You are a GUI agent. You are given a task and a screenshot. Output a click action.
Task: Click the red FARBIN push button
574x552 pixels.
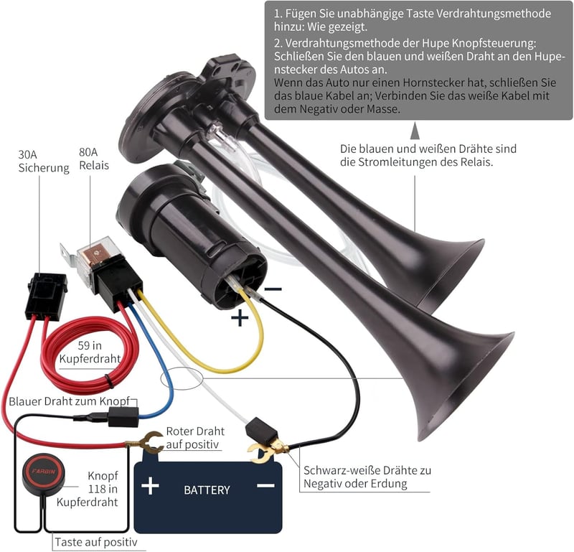[43, 471]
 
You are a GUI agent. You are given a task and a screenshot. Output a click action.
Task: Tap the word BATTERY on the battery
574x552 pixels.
[207, 490]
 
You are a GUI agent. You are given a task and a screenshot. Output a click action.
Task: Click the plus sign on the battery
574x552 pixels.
[150, 486]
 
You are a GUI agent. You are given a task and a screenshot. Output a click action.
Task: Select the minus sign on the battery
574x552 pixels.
[265, 486]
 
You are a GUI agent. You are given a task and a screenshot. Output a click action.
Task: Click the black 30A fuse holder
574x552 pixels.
[47, 296]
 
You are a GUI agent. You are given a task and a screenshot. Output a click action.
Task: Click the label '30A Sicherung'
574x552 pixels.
[44, 162]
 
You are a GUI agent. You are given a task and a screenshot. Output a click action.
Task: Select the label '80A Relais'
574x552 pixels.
[94, 159]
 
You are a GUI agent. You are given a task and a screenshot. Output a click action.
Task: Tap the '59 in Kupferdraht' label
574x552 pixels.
[90, 352]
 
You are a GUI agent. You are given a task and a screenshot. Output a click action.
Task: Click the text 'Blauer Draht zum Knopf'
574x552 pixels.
[69, 401]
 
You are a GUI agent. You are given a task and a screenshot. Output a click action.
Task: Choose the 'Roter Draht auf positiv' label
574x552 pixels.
[195, 438]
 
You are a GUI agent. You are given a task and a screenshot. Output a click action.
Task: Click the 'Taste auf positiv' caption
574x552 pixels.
[96, 542]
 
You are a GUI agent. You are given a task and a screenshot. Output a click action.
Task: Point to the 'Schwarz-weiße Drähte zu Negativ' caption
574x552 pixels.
[367, 477]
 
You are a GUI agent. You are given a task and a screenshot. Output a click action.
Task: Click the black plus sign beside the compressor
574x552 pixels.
[240, 317]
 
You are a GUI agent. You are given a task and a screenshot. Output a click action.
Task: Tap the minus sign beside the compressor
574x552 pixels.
[273, 289]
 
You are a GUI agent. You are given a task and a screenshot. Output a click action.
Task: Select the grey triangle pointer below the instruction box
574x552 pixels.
[415, 131]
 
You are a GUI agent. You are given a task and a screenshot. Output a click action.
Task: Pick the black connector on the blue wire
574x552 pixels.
[123, 417]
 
